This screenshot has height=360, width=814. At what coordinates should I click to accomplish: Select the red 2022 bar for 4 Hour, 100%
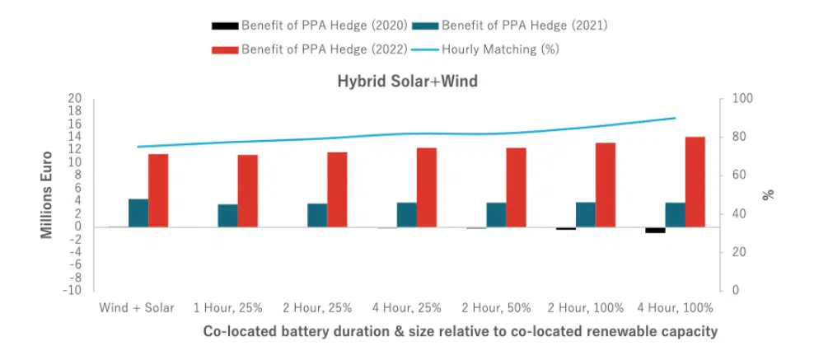695,181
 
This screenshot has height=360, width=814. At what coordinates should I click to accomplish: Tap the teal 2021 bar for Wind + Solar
138,213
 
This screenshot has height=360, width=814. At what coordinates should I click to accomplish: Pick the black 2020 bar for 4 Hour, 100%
655,230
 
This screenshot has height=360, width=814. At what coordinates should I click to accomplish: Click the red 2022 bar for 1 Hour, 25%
248,190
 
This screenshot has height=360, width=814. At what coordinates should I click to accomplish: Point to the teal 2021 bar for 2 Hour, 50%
496,214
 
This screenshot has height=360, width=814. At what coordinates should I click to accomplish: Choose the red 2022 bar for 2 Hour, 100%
606,185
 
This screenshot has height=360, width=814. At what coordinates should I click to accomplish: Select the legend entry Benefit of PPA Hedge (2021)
517,26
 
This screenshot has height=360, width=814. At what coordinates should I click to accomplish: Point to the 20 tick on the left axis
75,99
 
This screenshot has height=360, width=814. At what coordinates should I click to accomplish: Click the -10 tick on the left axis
73,290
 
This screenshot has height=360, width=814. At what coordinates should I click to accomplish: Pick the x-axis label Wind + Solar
137,307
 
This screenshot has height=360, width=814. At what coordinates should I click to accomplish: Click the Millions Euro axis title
48,194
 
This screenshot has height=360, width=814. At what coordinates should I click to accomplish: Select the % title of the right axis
768,194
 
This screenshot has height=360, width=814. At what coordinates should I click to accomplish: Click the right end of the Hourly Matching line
676,118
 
